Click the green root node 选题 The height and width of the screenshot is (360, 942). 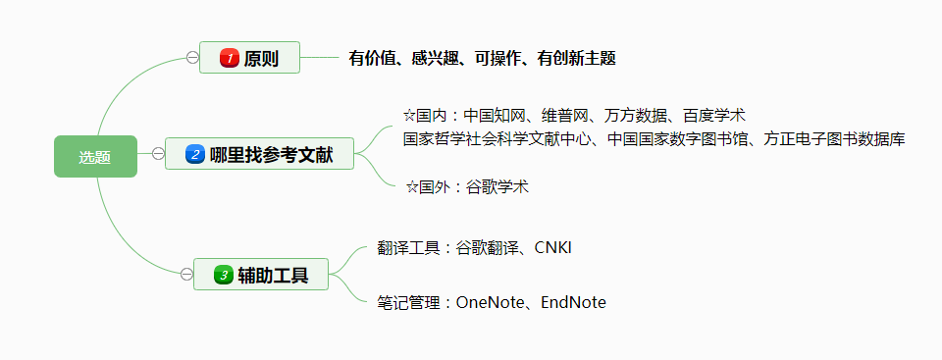[95, 157]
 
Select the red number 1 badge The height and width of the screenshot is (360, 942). [230, 59]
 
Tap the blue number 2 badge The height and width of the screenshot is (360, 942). [194, 154]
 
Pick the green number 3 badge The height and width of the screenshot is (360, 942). [223, 275]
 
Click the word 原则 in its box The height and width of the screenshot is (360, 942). [261, 59]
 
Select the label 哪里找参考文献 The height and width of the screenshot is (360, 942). [271, 154]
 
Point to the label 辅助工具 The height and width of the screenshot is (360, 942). [273, 275]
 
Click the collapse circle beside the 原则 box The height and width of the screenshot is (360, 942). [191, 58]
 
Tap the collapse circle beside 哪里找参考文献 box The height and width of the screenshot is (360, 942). [157, 153]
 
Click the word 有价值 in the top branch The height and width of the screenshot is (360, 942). [372, 59]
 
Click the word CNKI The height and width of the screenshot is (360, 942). [552, 247]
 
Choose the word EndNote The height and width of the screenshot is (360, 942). [573, 303]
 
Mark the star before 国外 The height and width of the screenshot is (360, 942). [412, 187]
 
